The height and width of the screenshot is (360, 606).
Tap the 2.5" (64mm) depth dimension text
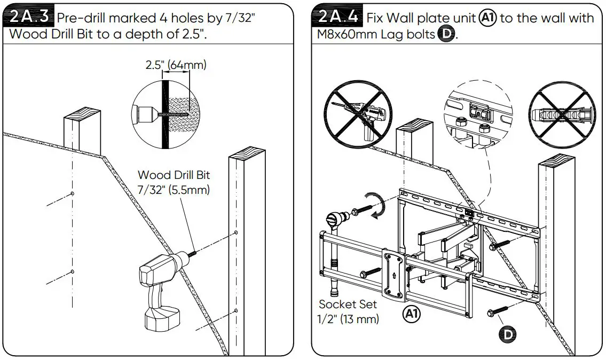(x=175, y=65)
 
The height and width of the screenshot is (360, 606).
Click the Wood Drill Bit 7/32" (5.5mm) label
(x=174, y=182)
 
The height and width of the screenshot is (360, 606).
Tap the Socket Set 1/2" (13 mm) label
(x=348, y=311)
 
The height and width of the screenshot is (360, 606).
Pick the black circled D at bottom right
(x=508, y=334)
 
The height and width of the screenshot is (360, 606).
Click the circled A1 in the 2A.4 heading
(x=487, y=18)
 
